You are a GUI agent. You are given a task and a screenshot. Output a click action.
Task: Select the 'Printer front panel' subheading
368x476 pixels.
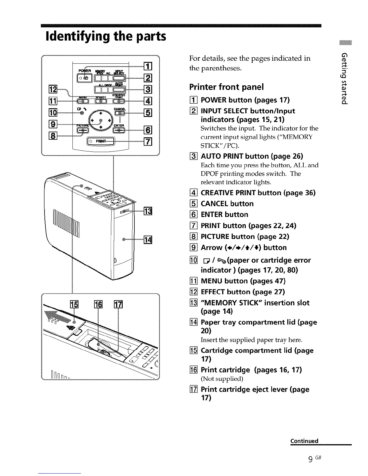226,87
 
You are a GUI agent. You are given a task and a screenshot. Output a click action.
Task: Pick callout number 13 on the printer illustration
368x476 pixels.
148,211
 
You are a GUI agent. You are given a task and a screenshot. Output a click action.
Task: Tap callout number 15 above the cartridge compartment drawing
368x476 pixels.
74,304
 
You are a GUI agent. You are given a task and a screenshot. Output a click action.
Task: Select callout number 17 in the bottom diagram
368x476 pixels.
118,304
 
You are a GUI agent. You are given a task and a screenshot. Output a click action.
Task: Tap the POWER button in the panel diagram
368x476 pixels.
82,78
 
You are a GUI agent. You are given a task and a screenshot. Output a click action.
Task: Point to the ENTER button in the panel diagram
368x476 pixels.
119,130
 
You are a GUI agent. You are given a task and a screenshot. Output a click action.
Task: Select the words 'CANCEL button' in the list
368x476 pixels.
227,204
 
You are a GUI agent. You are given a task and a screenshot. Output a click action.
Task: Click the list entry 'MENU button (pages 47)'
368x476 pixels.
243,281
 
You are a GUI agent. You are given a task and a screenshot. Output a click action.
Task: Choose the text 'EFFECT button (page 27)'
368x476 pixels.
243,292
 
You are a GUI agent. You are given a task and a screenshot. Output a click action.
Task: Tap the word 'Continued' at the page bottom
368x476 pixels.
304,441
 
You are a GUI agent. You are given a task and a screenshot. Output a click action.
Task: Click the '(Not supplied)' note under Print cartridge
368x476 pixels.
222,379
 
